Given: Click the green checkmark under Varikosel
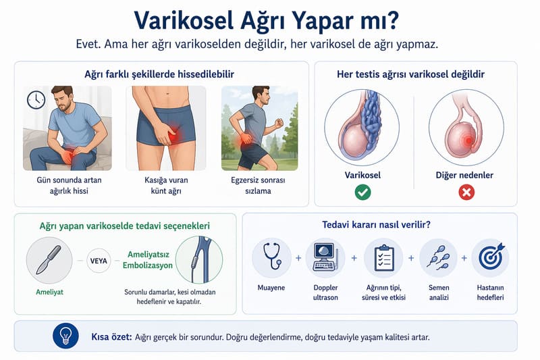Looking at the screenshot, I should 363,192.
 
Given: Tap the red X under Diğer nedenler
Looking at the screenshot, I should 466,192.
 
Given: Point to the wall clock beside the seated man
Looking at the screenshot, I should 35,100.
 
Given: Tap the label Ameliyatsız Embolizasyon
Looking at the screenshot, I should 150,260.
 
